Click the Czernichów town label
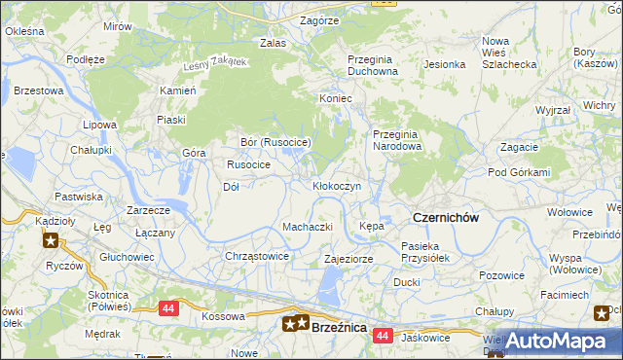[x=446, y=218]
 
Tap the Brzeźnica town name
[x=339, y=328]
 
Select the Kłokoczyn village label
[x=337, y=185]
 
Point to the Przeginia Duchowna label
[x=373, y=64]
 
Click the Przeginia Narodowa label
[x=397, y=140]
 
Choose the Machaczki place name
[x=308, y=227]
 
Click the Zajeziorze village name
[x=348, y=260]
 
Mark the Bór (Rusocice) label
[x=275, y=142]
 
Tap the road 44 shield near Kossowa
[x=168, y=307]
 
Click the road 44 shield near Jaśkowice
[x=383, y=336]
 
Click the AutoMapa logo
[x=555, y=341]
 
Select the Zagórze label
[x=319, y=19]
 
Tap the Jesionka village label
[x=444, y=64]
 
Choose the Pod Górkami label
[x=520, y=172]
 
